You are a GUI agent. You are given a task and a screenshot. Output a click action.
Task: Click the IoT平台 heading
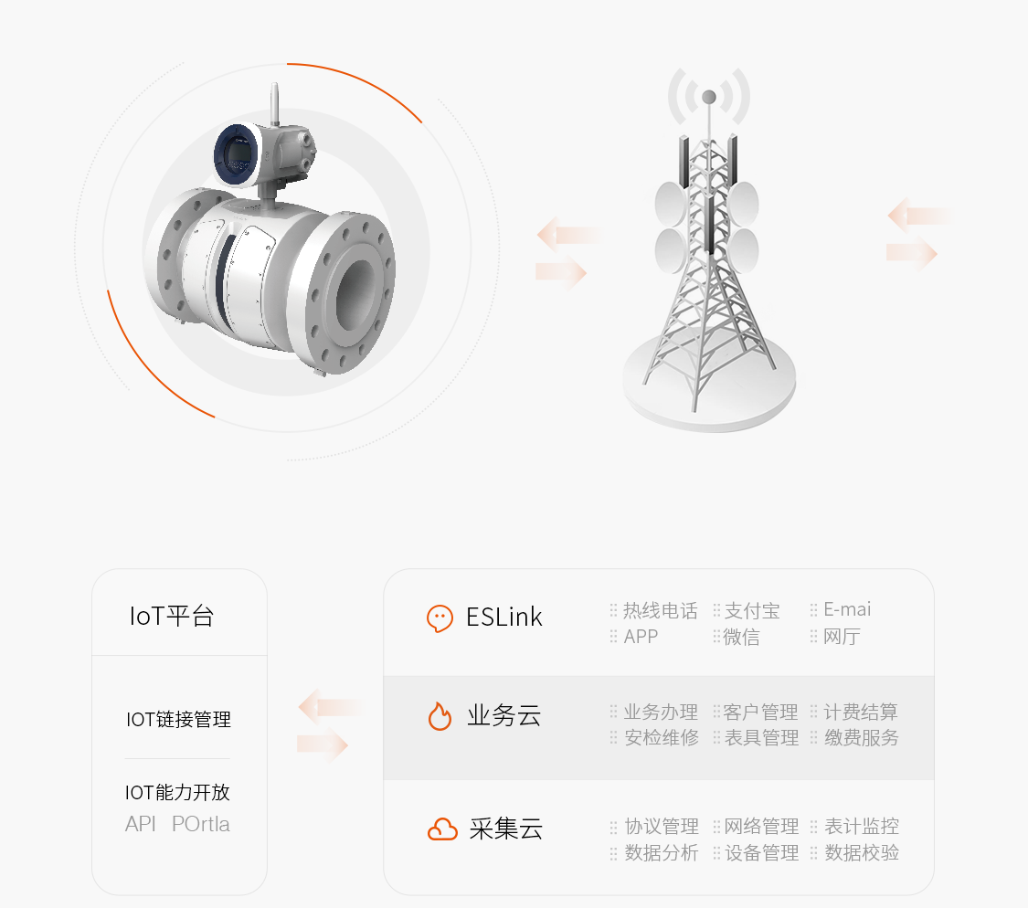pyautogui.click(x=172, y=616)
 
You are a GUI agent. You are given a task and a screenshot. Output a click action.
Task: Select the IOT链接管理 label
pyautogui.click(x=178, y=719)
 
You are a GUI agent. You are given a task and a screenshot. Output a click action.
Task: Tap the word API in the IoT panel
pyautogui.click(x=141, y=823)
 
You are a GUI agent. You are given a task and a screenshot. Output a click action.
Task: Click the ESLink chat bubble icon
pyautogui.click(x=440, y=618)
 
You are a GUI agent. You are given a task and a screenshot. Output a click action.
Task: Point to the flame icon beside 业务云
pyautogui.click(x=440, y=715)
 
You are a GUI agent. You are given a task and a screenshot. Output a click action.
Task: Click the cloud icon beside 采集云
pyautogui.click(x=442, y=829)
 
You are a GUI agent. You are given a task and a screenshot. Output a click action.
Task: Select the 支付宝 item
pyautogui.click(x=752, y=610)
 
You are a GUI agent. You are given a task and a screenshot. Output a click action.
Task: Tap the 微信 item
pyautogui.click(x=741, y=637)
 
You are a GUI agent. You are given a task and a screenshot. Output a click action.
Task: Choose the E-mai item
pyautogui.click(x=847, y=609)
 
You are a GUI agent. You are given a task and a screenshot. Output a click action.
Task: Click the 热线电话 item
pyautogui.click(x=660, y=610)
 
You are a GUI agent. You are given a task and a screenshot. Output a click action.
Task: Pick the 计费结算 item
pyautogui.click(x=861, y=712)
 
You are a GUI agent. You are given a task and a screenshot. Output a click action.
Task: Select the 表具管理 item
pyautogui.click(x=761, y=737)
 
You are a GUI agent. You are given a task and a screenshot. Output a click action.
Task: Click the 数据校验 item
pyautogui.click(x=862, y=852)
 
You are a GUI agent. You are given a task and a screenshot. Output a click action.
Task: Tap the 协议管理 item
pyautogui.click(x=662, y=826)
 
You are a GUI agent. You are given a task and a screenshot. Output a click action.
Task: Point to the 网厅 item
pyautogui.click(x=842, y=637)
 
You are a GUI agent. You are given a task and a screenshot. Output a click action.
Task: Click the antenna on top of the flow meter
pyautogui.click(x=275, y=103)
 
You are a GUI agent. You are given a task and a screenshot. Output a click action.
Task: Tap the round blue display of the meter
pyautogui.click(x=236, y=154)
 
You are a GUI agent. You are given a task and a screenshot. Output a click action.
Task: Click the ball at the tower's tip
pyautogui.click(x=709, y=97)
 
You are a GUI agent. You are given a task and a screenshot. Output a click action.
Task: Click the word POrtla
pyautogui.click(x=201, y=823)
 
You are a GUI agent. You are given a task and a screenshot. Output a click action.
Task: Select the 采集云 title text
pyautogui.click(x=505, y=829)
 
